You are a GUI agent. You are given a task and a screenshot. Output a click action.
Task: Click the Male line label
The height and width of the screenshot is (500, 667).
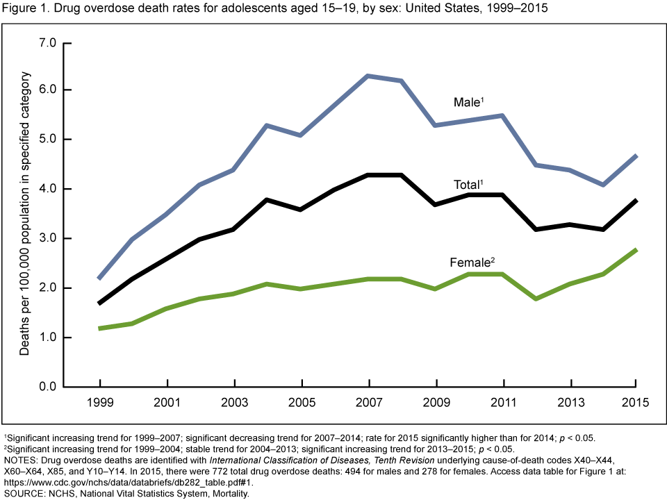coord(467,103)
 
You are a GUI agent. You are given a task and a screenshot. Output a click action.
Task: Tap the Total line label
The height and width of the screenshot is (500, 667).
coord(467,185)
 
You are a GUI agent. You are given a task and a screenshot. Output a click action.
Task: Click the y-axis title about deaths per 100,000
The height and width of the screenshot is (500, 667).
coord(25,215)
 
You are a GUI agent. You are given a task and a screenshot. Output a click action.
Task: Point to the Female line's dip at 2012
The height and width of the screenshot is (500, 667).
coord(536,299)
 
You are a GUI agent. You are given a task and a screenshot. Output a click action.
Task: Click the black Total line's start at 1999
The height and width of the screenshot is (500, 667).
coord(100,303)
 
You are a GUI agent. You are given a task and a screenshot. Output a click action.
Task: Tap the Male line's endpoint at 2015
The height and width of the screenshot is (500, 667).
coord(636,156)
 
